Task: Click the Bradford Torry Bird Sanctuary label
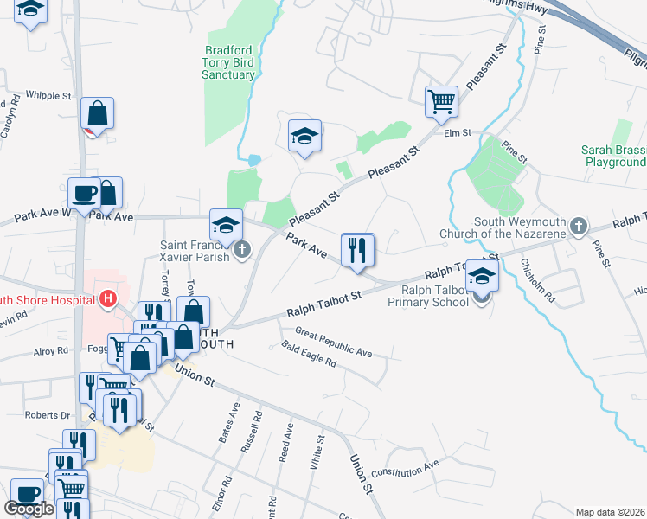229,62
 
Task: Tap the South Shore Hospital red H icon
108,299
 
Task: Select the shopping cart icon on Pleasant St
441,102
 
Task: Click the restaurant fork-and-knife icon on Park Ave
357,251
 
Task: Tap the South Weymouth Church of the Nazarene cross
580,227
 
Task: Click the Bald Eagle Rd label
309,355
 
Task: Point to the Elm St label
457,133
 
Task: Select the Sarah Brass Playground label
615,156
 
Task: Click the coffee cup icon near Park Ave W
85,194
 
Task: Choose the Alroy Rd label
50,351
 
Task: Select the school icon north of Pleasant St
304,137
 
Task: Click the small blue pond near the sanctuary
253,160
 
